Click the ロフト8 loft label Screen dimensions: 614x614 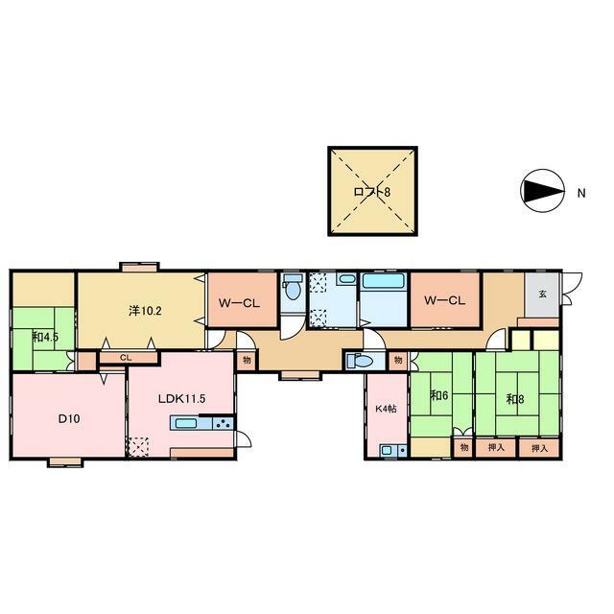[371, 192]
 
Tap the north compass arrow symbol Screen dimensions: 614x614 [542, 191]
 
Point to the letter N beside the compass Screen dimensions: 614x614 [581, 193]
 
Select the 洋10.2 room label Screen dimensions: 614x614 [145, 311]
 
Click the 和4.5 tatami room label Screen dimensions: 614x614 [45, 337]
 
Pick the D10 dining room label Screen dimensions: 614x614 [69, 418]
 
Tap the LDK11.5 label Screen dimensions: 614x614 [181, 399]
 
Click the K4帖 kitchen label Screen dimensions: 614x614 [386, 409]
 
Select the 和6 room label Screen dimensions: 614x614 [439, 395]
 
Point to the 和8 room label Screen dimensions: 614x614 [515, 399]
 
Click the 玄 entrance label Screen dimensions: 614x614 [542, 294]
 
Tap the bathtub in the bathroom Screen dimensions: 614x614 [385, 282]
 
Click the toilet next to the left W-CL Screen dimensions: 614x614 [293, 287]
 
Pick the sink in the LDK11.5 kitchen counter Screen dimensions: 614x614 [187, 423]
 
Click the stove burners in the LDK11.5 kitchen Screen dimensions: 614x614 [224, 423]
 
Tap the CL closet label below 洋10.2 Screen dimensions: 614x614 [126, 358]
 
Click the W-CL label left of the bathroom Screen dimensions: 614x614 [239, 303]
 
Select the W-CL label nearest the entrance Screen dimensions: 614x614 [445, 300]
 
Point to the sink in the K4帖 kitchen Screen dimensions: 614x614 [388, 450]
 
